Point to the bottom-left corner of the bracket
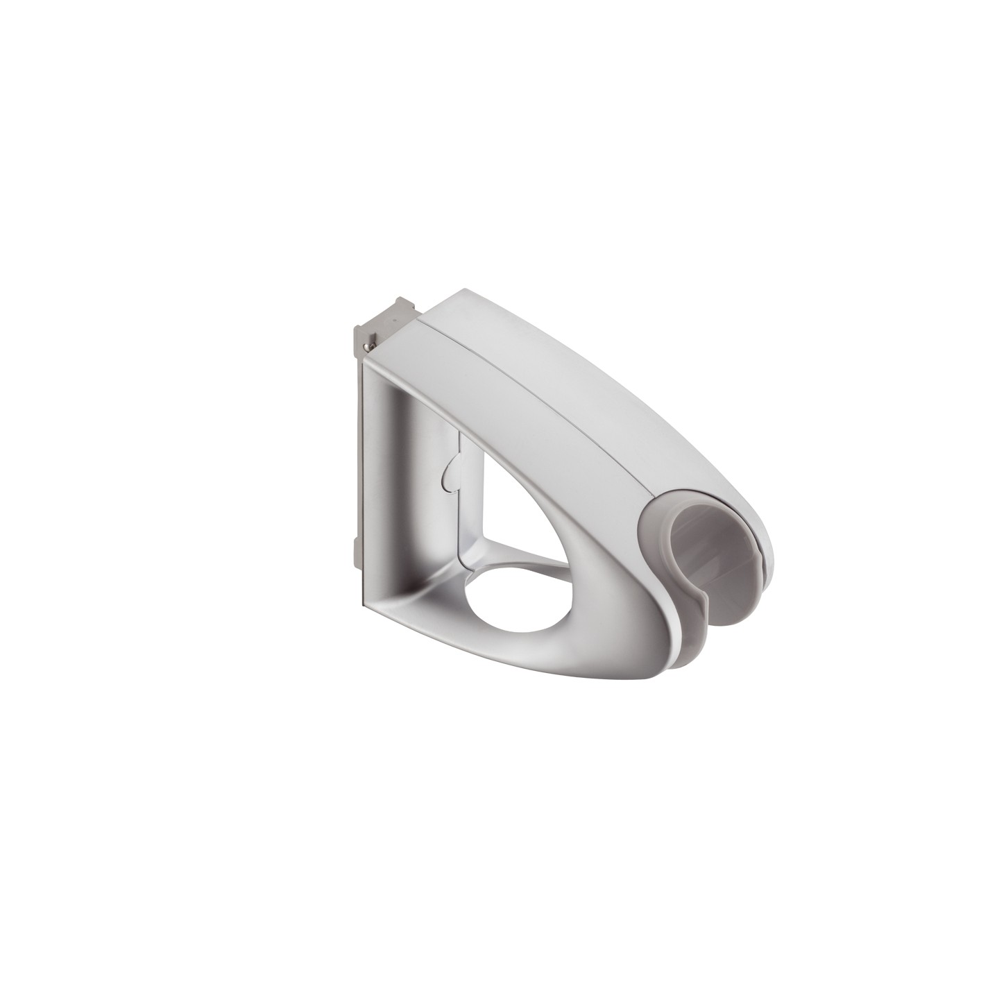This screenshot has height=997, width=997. (x=366, y=602)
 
